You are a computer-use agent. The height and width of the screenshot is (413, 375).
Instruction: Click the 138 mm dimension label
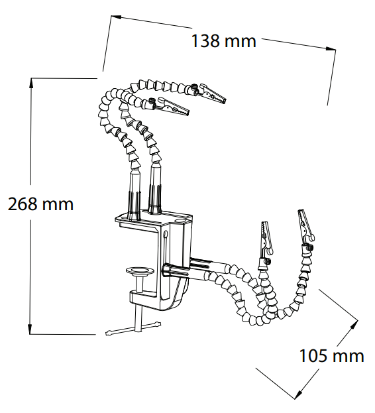tap(224, 41)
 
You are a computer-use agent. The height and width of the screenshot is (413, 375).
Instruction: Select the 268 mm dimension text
tap(41, 204)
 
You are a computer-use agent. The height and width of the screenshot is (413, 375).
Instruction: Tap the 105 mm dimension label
tap(331, 356)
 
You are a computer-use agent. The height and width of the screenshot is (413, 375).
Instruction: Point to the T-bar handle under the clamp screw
tap(133, 328)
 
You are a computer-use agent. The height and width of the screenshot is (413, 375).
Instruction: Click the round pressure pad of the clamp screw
tap(140, 272)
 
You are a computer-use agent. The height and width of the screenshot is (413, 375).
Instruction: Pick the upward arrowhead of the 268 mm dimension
tap(31, 83)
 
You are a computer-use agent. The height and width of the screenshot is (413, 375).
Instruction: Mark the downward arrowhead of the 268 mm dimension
tap(30, 329)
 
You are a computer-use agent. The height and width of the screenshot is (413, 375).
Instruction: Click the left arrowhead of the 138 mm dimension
tap(116, 17)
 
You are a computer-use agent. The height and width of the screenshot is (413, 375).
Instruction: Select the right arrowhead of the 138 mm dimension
tap(331, 48)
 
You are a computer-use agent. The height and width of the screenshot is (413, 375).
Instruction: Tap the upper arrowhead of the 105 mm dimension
tap(354, 325)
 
